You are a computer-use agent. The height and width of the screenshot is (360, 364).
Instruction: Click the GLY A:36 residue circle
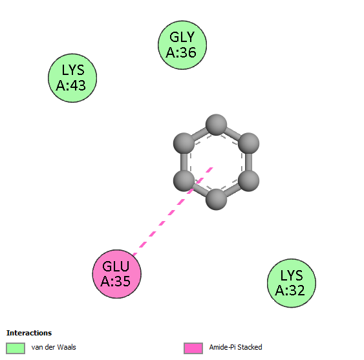pos(182,45)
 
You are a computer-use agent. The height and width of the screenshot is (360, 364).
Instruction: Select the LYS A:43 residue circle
pos(72,78)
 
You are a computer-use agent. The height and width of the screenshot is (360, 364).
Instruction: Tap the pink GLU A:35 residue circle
pos(117,274)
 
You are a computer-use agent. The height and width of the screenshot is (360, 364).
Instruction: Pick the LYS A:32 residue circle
pos(292,283)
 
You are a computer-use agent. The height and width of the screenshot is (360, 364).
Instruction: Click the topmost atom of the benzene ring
pos(216,125)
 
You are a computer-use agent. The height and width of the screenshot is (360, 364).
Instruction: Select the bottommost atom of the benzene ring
pos(216,199)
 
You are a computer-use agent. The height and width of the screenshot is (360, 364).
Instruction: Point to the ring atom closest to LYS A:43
pos(184,143)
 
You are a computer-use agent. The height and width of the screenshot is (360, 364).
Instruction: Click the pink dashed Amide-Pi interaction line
pos(173,211)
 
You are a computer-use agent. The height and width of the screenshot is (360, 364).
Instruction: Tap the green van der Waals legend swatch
pos(16,348)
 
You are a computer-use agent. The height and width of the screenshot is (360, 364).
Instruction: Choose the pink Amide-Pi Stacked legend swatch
pos(193,348)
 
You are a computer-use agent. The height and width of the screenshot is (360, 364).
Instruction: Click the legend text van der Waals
pos(54,347)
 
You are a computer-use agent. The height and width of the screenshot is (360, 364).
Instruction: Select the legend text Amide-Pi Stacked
pos(235,347)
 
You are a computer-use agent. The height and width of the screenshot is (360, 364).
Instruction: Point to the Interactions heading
pos(29,333)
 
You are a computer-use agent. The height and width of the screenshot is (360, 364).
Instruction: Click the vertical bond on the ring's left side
pos(184,162)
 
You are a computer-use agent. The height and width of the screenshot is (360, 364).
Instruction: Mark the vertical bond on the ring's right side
pos(249,162)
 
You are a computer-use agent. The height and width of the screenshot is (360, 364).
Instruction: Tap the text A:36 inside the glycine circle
pos(181,52)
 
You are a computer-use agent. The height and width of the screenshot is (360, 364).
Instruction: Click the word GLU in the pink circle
pos(116,266)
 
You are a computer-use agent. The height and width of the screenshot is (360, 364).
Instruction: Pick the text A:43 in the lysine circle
pos(71,85)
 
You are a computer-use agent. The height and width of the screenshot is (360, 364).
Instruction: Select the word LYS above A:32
pos(292,275)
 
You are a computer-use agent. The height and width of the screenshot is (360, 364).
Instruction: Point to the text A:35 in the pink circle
pos(116,281)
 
